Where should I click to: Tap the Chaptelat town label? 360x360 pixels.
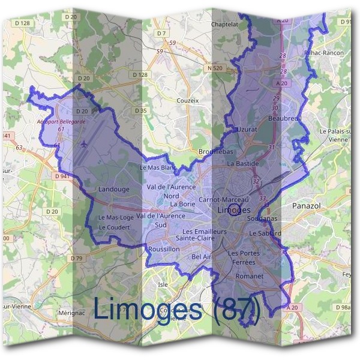coord(226,25)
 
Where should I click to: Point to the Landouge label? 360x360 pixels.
coord(113,190)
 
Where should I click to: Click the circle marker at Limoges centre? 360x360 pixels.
coord(235,209)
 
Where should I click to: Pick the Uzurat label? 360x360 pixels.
coord(247,129)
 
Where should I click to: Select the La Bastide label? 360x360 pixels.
coord(243,163)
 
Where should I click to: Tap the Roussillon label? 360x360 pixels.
coord(164,248)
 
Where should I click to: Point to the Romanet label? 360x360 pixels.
coord(250,277)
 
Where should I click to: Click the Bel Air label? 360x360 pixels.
coord(202,257)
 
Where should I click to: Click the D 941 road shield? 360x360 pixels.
coord(60,176)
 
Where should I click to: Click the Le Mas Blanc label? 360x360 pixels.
coord(158,167)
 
